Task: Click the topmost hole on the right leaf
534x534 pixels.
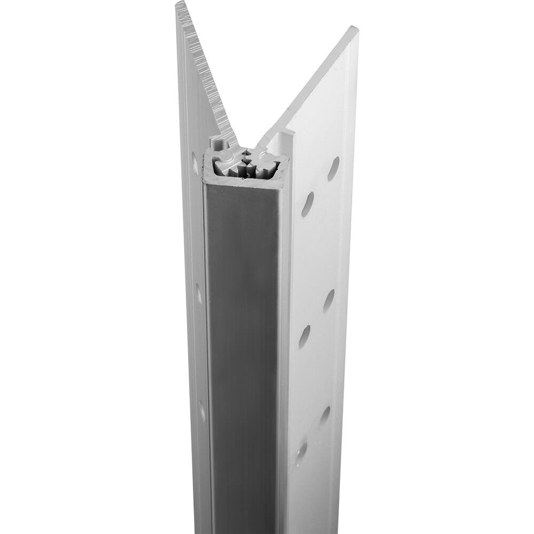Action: (333, 168)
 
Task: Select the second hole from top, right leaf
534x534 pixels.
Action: (308, 204)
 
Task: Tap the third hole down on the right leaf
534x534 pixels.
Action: (329, 301)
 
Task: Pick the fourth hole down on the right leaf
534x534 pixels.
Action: (305, 336)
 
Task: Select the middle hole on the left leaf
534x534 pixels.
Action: (199, 293)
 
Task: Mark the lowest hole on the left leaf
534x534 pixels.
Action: (202, 410)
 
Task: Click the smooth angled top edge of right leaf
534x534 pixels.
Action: (310, 80)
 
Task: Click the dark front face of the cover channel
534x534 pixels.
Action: (243, 347)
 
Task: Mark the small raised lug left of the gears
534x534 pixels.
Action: (217, 143)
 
